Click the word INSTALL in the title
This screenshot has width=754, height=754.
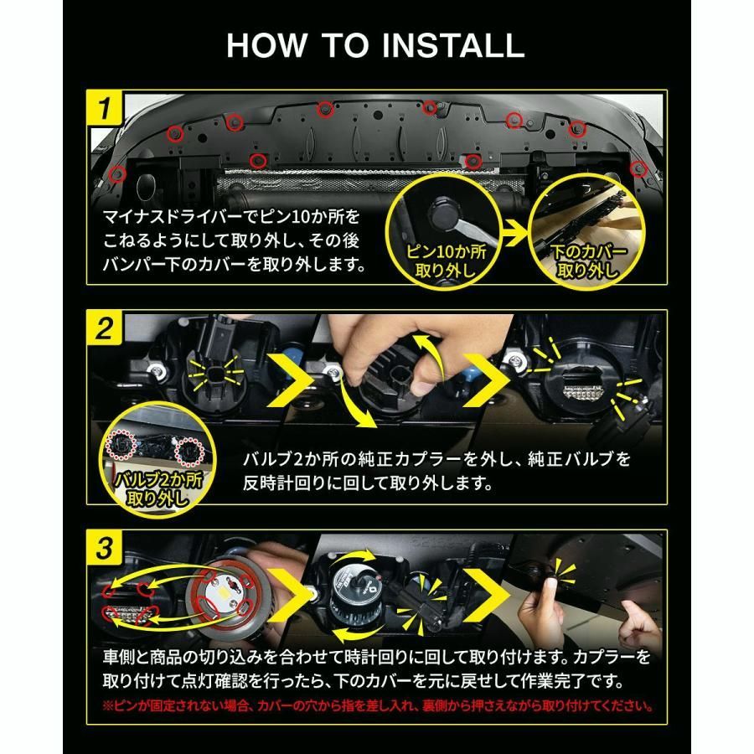(445, 45)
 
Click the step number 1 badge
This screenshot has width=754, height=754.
(106, 108)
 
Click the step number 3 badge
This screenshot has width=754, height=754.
(106, 550)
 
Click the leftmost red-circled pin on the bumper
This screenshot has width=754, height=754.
(118, 174)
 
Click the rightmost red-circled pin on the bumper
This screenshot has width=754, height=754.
(638, 167)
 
